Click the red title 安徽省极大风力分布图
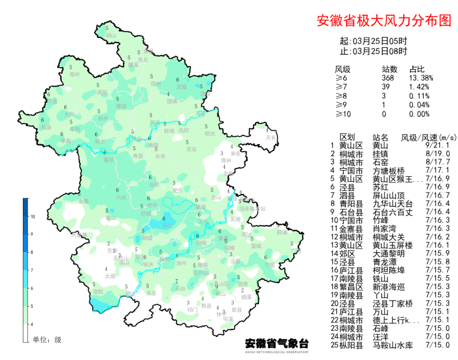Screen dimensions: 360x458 click(x=384, y=21)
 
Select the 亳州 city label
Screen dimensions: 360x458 click(x=75, y=74)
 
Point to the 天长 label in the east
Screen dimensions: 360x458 click(x=271, y=137)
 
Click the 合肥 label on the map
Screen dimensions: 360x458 click(x=155, y=185)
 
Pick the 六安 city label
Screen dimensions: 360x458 click(x=121, y=197)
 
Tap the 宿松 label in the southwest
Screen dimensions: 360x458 click(x=98, y=291)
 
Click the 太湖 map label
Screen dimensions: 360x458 click(x=110, y=276)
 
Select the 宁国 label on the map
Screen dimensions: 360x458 click(x=269, y=264)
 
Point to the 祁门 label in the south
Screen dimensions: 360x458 click(x=192, y=309)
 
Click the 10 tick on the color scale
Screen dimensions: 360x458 click(x=33, y=217)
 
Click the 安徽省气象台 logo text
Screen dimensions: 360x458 click(x=276, y=343)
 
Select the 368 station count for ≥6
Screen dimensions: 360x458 click(x=388, y=78)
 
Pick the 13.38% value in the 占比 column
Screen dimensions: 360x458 click(x=421, y=78)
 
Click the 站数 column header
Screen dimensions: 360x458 click(x=390, y=69)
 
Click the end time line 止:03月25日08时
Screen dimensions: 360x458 click(x=373, y=51)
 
